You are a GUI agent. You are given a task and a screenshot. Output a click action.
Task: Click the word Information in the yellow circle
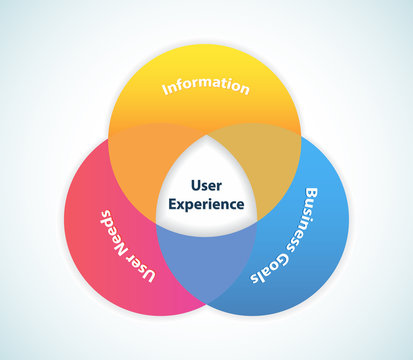tap(206, 86)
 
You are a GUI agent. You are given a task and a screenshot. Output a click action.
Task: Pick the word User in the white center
tap(206, 185)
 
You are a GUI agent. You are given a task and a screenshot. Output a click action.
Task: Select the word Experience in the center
tap(206, 204)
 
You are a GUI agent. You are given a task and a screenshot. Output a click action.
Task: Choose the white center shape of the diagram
tap(206, 190)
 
